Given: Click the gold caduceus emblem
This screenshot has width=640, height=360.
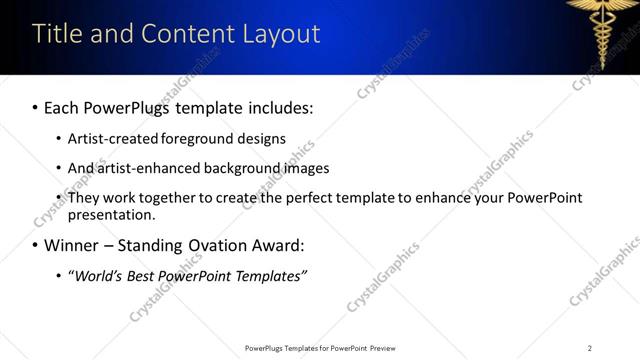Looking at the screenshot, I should point(604,31).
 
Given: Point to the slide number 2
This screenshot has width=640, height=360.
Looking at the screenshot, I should point(590,348).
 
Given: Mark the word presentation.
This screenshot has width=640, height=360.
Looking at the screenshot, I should point(111,215).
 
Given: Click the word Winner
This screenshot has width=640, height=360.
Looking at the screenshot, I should point(73,245).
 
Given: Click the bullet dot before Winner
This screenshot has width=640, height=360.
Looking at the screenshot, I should point(35,245).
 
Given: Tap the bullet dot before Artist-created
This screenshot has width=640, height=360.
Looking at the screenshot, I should point(59,139).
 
